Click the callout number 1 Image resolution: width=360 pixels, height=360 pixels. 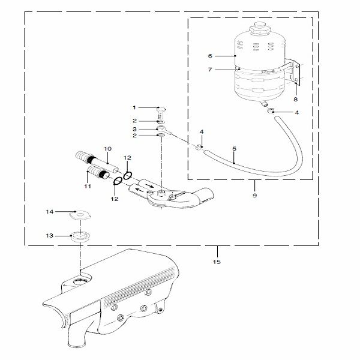135,107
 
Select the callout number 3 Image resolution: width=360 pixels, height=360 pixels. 135,129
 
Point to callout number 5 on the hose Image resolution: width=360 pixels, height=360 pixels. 233,148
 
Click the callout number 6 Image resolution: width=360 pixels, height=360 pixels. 211,56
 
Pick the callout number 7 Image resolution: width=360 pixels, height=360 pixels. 211,69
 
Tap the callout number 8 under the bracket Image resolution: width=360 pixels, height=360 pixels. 295,99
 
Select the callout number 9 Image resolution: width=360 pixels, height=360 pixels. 254,195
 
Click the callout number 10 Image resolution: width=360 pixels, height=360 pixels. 108,148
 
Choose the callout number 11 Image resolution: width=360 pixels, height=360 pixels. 87,187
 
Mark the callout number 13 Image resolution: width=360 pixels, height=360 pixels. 50,236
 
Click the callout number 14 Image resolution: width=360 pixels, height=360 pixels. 50,212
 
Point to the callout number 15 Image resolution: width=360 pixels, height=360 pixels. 217,262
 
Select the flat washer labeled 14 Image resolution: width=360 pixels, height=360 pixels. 79,213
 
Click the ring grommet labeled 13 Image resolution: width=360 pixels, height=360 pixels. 79,235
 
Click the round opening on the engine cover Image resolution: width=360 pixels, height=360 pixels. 79,281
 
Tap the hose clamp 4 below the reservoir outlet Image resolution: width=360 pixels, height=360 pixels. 272,111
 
